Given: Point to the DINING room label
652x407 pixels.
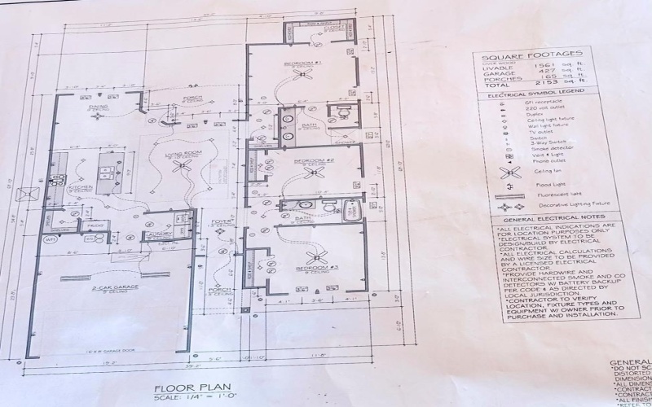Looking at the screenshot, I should pos(99,107).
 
